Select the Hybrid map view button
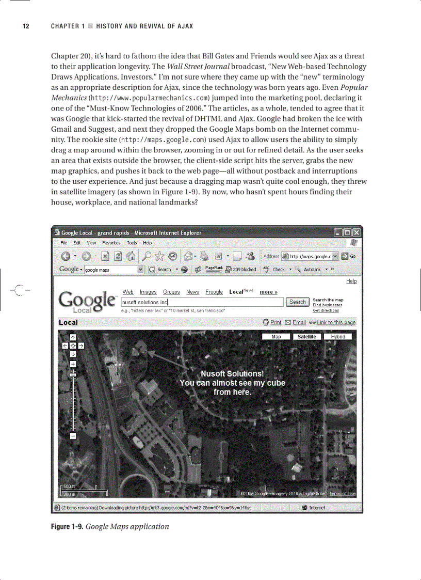click(x=338, y=337)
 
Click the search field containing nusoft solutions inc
click(x=202, y=302)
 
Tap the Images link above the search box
click(x=148, y=292)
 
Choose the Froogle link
click(x=214, y=292)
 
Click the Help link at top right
click(x=351, y=281)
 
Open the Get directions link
click(x=326, y=310)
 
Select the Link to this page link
click(x=336, y=322)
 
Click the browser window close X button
click(x=356, y=232)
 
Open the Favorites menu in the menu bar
click(x=111, y=243)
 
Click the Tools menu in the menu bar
click(x=132, y=243)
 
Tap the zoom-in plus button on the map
click(x=73, y=363)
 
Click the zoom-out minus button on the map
click(x=73, y=436)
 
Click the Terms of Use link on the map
click(x=343, y=494)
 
